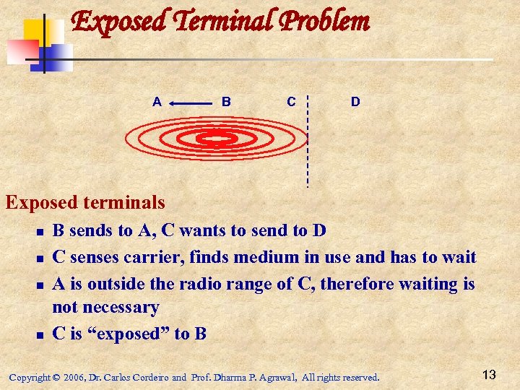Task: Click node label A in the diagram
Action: click(157, 102)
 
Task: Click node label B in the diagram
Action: click(226, 102)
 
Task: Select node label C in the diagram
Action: click(290, 102)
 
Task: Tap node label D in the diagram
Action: click(355, 102)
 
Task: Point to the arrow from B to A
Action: click(191, 104)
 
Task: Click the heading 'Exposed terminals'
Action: click(85, 203)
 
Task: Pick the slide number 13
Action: click(489, 374)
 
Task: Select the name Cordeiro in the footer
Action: click(149, 377)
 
